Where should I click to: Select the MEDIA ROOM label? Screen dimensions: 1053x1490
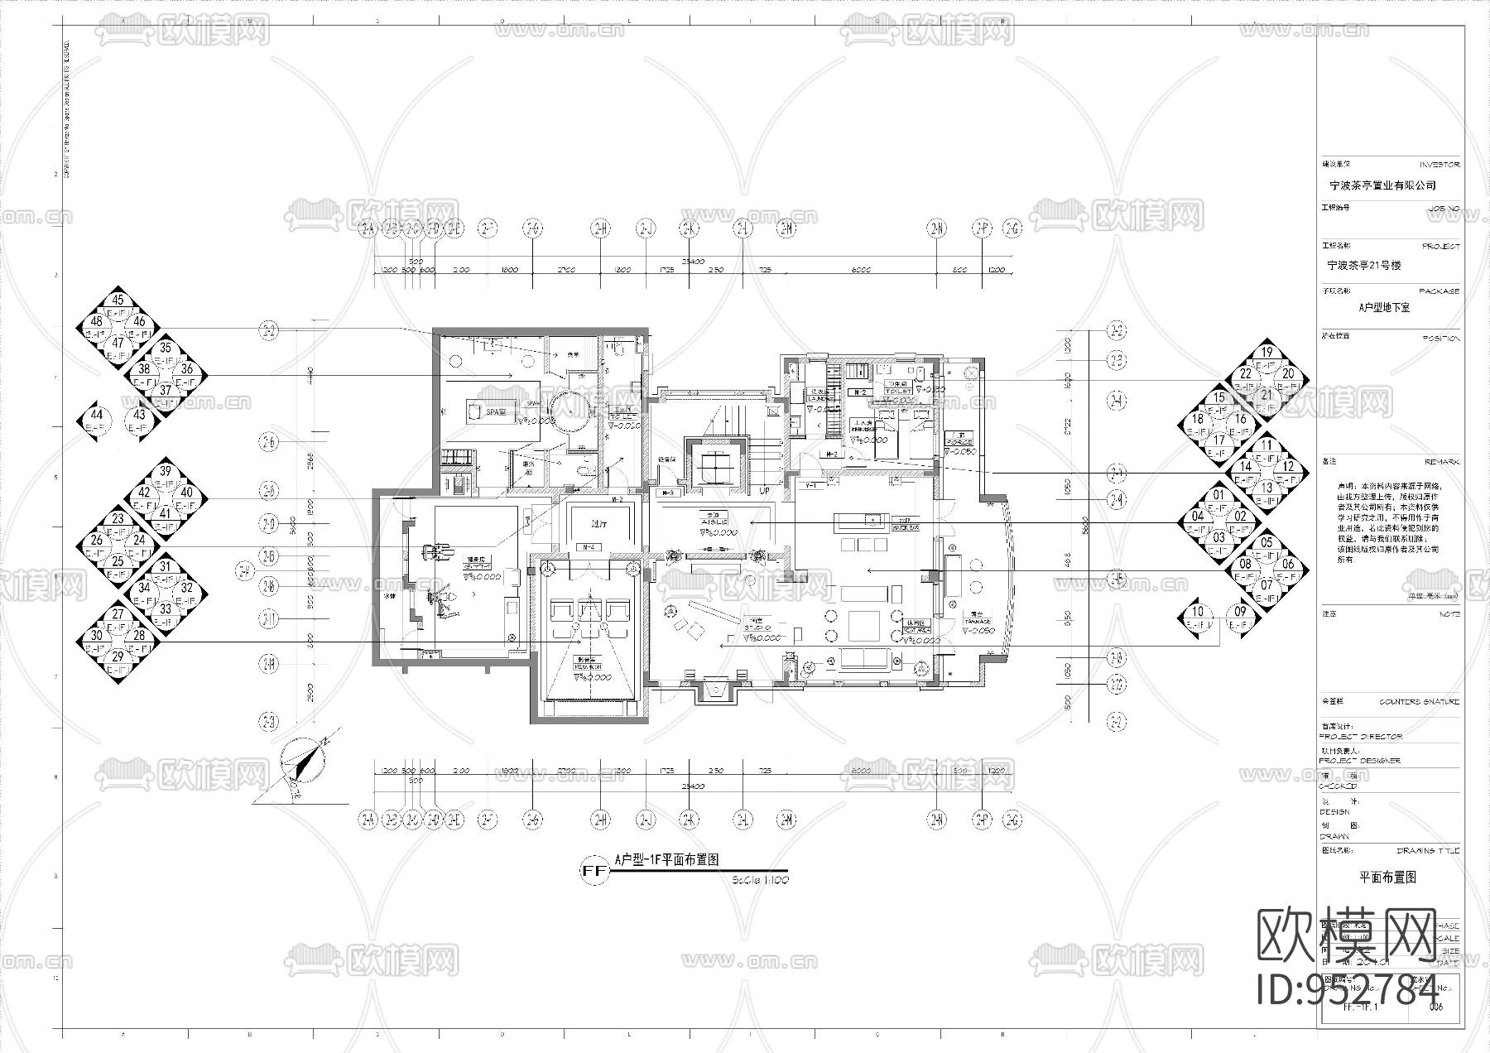(589, 666)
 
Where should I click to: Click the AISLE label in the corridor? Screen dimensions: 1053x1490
(714, 522)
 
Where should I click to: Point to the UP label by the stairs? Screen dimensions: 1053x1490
(765, 491)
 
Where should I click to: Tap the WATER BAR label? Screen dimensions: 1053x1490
(906, 526)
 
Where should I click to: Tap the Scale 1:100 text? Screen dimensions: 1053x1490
(760, 880)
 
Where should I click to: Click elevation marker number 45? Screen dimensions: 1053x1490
(118, 301)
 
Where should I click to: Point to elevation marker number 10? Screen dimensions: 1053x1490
(1199, 613)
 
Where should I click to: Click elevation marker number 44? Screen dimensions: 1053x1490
(97, 415)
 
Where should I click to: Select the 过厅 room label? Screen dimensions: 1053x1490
(589, 524)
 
